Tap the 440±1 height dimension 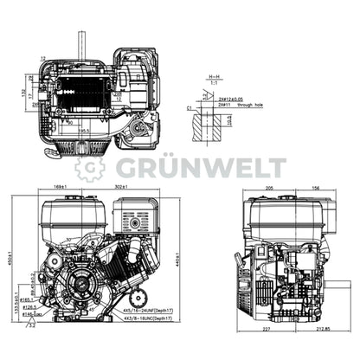[x=177, y=257]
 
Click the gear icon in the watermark [x=89, y=167]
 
